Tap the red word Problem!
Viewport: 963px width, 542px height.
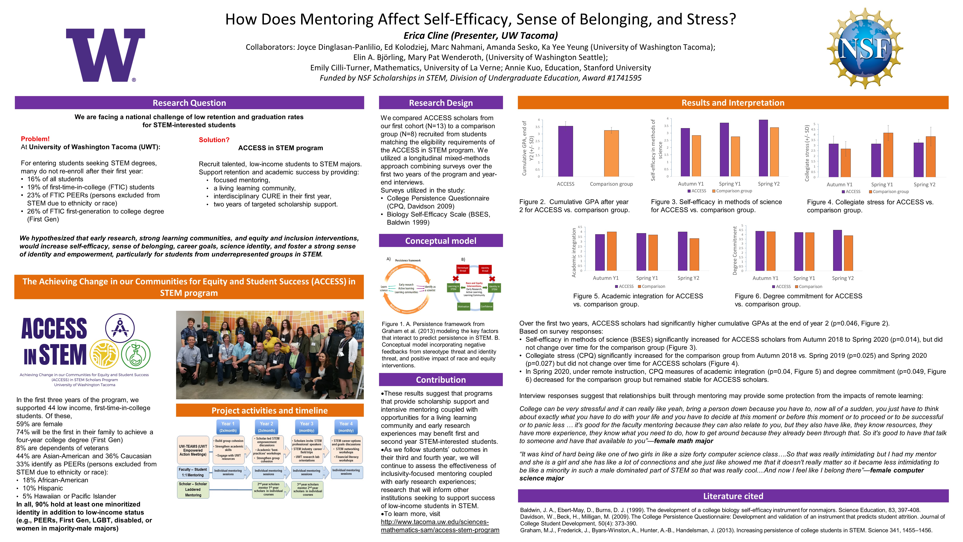35,139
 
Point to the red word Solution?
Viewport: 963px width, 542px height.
214,140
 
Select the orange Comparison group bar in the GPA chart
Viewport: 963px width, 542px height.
611,153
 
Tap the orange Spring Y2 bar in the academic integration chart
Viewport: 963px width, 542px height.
694,254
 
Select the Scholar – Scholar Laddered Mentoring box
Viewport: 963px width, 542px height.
193,489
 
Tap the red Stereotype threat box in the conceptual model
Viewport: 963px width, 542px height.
463,269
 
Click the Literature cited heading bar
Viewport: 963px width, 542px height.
733,496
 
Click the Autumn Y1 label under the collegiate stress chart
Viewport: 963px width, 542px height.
839,184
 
